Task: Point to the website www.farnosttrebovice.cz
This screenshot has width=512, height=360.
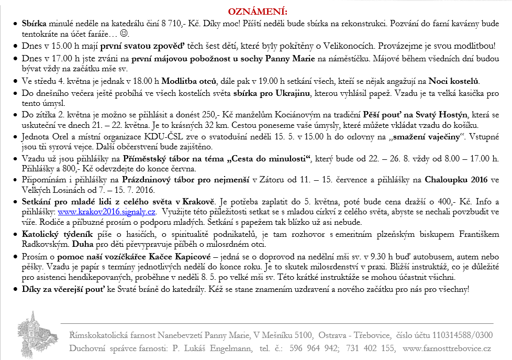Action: coord(447,348)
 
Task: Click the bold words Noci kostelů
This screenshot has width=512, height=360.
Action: coord(454,81)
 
